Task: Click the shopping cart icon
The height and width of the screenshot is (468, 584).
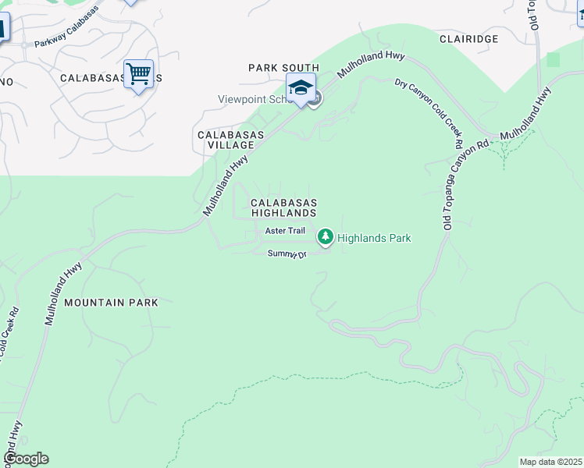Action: pyautogui.click(x=138, y=75)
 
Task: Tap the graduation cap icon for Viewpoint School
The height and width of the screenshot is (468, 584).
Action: pyautogui.click(x=301, y=88)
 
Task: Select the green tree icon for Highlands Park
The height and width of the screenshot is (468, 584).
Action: pyautogui.click(x=325, y=236)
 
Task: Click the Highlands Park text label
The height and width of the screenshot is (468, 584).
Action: pyautogui.click(x=374, y=238)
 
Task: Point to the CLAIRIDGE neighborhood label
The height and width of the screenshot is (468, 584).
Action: pyautogui.click(x=468, y=38)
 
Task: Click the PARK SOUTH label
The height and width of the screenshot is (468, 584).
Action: pyautogui.click(x=283, y=68)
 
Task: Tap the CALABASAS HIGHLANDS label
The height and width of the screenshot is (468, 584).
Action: pyautogui.click(x=283, y=207)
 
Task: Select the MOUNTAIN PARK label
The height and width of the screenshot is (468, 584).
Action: pyautogui.click(x=111, y=302)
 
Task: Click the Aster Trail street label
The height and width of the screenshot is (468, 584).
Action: pyautogui.click(x=285, y=231)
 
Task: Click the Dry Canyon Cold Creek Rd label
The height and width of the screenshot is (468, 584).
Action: pyautogui.click(x=426, y=112)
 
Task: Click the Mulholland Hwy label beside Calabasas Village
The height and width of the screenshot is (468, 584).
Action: pyautogui.click(x=226, y=184)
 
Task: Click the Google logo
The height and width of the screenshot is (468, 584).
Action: pyautogui.click(x=25, y=459)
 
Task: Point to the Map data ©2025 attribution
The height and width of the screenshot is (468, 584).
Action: pyautogui.click(x=550, y=462)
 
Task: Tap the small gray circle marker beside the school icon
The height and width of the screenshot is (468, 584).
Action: pyautogui.click(x=315, y=99)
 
